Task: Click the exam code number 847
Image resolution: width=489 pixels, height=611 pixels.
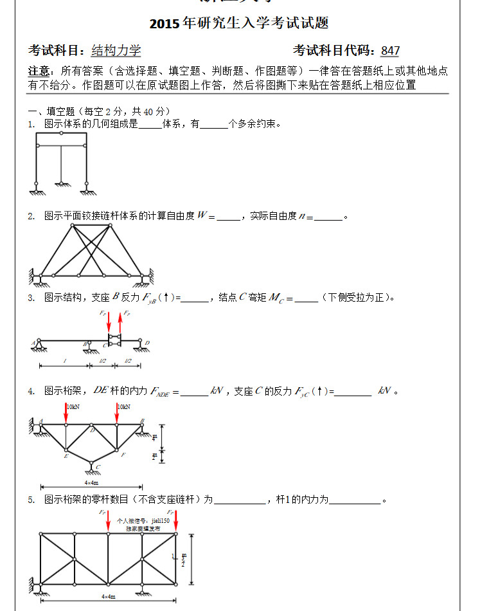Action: pyautogui.click(x=389, y=51)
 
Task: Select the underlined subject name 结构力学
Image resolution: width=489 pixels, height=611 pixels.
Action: pyautogui.click(x=116, y=51)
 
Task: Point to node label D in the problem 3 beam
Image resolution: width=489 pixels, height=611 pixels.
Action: pyautogui.click(x=147, y=342)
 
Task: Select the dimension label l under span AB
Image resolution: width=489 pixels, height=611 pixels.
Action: pyautogui.click(x=65, y=361)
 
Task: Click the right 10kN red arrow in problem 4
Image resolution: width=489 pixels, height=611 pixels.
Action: pyautogui.click(x=117, y=415)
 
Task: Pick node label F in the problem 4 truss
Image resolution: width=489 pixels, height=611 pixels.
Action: pyautogui.click(x=122, y=454)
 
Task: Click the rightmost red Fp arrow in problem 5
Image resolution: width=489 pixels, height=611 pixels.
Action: pyautogui.click(x=175, y=522)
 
